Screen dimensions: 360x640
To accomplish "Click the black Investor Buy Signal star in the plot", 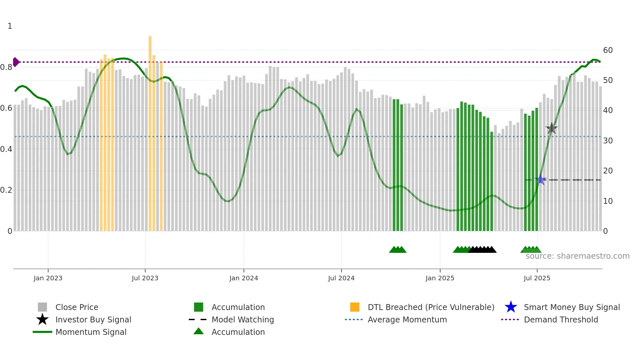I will pos(552,128).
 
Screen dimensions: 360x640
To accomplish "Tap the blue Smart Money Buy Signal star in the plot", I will pos(541,180).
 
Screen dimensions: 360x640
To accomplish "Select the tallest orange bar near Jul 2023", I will pos(150,131).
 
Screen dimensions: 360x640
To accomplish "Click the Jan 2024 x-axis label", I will pos(244,278).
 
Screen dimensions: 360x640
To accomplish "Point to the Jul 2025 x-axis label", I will pos(537,278).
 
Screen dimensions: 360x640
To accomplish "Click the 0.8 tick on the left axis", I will pos(6,67).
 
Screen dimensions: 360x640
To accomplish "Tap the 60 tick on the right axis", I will pos(608,50).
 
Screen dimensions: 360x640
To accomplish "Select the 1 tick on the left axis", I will pos(10,26).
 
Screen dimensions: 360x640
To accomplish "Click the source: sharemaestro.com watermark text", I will pos(577,256).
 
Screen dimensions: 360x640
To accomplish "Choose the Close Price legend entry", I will pos(76,307).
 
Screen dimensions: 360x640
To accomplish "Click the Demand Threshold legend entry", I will pos(561,319).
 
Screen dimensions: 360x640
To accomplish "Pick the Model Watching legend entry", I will pos(242,319).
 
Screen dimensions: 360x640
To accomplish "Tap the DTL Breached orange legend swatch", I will pos(355,307).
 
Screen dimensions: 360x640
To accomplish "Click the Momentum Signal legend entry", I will pos(91,332).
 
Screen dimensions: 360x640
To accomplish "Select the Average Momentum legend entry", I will pos(407,319).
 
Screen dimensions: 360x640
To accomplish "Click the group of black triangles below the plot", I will pos(482,250).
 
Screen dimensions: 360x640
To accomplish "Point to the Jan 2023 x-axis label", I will pos(48,278).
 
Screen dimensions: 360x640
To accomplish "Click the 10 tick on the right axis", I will pos(608,201).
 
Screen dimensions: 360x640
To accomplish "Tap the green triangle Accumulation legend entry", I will pos(238,332).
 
